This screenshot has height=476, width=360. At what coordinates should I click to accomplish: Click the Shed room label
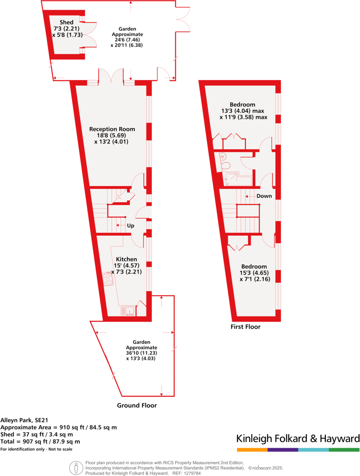[x=67, y=22]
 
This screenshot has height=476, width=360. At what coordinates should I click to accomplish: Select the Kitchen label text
[x=126, y=259]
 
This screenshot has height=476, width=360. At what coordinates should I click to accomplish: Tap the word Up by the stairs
[x=131, y=226]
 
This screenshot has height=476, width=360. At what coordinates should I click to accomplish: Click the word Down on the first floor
[x=264, y=196]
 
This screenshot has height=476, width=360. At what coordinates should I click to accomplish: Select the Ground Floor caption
[x=137, y=405]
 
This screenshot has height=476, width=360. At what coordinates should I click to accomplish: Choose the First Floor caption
[x=246, y=327]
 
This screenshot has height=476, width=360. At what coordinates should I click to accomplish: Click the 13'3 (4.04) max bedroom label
[x=243, y=111]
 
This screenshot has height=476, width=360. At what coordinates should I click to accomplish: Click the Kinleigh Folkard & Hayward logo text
[x=298, y=438]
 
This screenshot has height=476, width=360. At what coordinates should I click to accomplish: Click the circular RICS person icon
[x=76, y=468]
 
